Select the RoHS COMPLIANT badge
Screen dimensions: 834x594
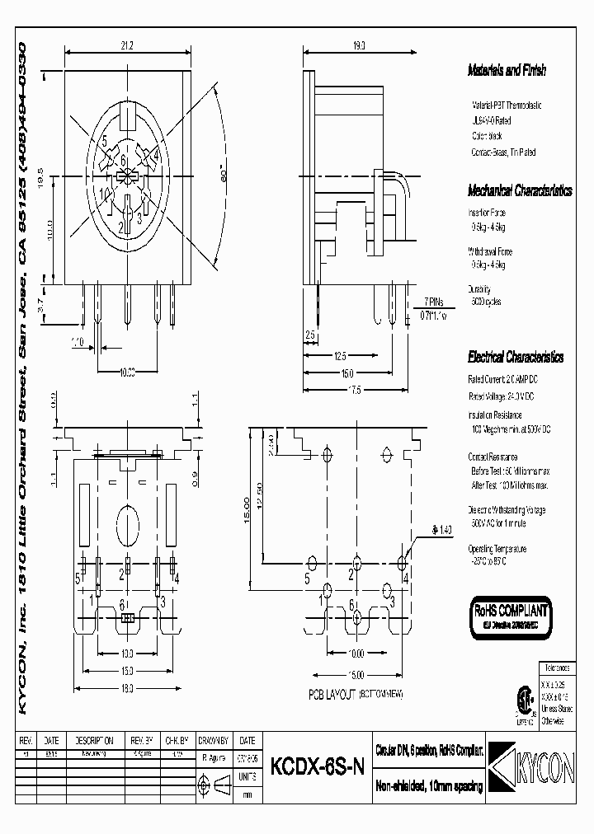[x=509, y=617]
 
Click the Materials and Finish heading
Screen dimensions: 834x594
[x=507, y=71]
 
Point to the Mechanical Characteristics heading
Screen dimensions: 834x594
[x=520, y=190]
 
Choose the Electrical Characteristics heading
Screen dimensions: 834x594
[x=516, y=358]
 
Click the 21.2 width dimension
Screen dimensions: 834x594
[x=126, y=46]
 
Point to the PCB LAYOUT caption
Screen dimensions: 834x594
[x=356, y=696]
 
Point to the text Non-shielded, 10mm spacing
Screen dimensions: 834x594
[x=429, y=787]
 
